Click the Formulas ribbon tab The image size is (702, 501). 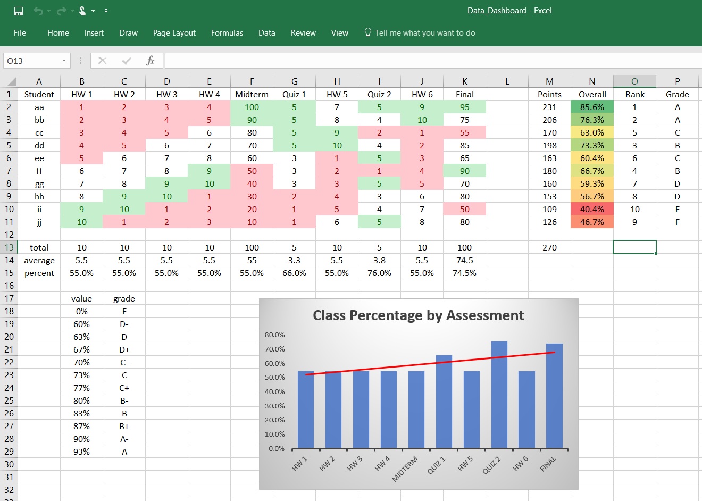point(227,33)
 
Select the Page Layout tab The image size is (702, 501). point(174,33)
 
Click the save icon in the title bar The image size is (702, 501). point(19,11)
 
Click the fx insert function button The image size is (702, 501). point(150,61)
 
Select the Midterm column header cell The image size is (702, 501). point(252,94)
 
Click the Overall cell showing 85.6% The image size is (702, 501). point(592,107)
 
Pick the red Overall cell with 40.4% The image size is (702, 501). point(592,209)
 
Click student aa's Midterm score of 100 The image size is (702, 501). point(252,107)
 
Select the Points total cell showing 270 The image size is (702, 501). point(549,247)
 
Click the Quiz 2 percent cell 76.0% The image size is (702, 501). point(379,273)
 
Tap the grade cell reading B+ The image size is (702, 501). point(124,426)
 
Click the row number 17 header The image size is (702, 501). point(9,298)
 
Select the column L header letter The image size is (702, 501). point(507,81)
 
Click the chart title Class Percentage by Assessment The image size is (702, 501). point(418,315)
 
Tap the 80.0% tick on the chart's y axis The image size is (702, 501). point(275,335)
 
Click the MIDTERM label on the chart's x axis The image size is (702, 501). point(405,469)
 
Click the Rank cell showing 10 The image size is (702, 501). point(634,209)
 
